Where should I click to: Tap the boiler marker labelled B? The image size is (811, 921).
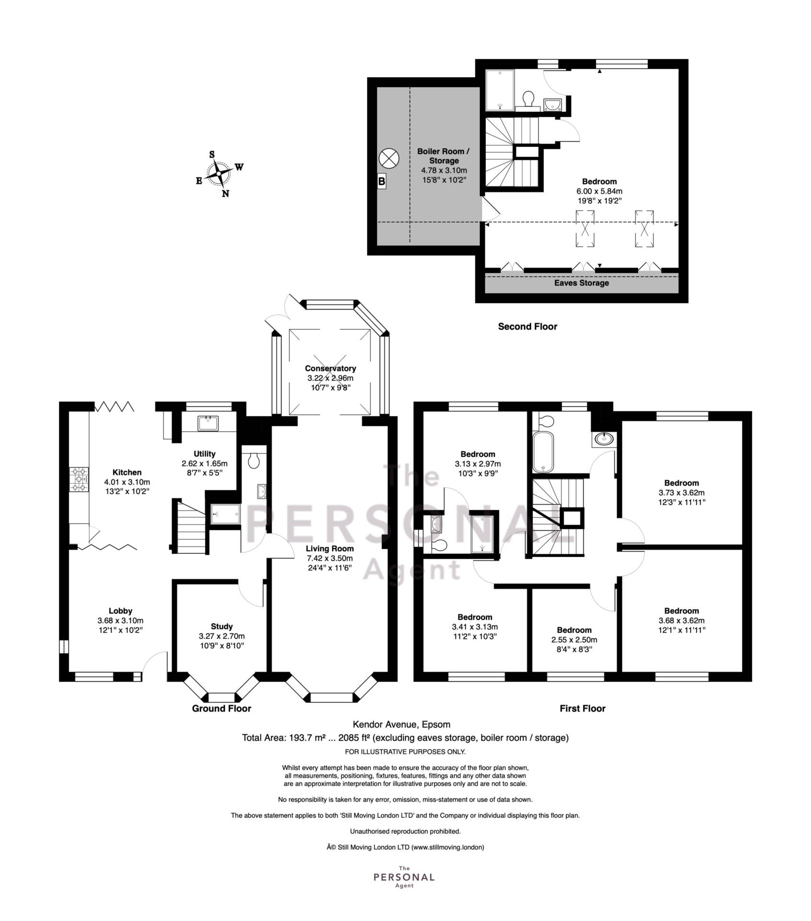pos(382,181)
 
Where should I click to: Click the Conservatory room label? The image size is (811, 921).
pos(330,368)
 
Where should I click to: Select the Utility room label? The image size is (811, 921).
pos(205,454)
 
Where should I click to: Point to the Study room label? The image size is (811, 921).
pos(222,626)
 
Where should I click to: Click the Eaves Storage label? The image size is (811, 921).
pos(582,283)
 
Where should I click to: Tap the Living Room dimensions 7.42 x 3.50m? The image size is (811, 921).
pos(330,558)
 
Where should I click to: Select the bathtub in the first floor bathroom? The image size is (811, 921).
pos(543,451)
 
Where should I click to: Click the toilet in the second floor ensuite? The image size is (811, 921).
pos(529,100)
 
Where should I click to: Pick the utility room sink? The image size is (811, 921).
pos(208,424)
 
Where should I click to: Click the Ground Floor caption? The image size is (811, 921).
pos(222,708)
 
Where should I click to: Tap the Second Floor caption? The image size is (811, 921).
pos(528,327)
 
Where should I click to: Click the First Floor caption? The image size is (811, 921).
pos(583,708)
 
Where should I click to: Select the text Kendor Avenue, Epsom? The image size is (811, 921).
pos(402,724)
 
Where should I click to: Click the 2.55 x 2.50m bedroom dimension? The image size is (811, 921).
pos(574,640)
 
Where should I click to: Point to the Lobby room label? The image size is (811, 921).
pos(120,611)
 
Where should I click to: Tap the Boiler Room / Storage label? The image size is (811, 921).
pos(444,156)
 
